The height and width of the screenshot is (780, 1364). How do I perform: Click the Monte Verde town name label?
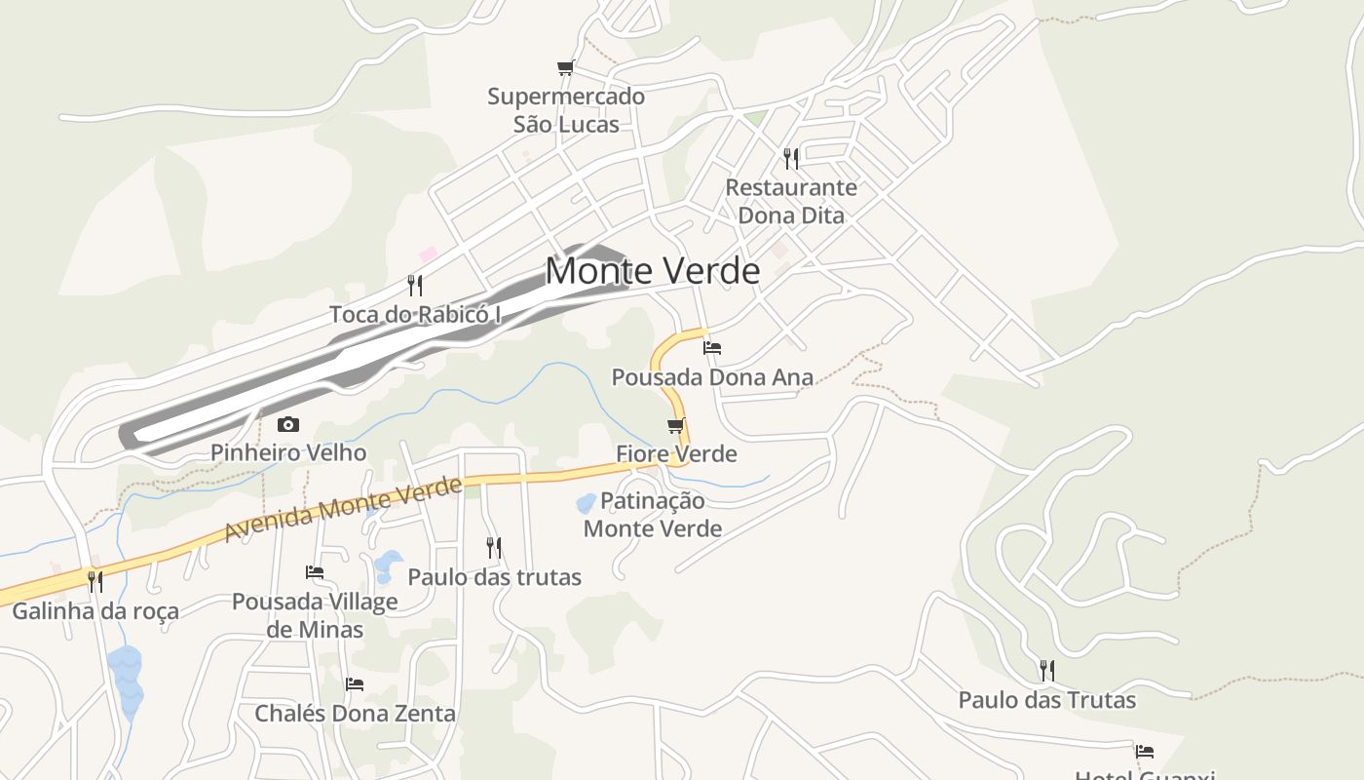[652, 270]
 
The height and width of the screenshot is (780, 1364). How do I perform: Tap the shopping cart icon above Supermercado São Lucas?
[565, 67]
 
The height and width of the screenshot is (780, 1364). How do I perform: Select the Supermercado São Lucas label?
[566, 110]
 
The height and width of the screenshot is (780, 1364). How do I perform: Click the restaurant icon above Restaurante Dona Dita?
[791, 158]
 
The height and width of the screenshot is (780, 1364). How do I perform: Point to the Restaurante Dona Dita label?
[791, 201]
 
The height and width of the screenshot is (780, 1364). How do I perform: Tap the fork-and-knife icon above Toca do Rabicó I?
[415, 285]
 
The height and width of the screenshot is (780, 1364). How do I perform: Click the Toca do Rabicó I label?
[415, 314]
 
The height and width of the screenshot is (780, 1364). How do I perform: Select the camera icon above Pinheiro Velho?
[288, 424]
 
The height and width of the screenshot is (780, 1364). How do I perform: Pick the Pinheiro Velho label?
[288, 452]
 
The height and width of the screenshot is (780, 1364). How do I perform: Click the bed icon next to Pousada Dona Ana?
[712, 348]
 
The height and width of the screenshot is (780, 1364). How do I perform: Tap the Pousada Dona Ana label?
[712, 376]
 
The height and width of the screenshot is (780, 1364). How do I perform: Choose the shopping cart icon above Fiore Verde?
[676, 426]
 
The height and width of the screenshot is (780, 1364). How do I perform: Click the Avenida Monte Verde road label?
[343, 509]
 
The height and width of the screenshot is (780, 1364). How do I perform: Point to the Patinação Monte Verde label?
[653, 515]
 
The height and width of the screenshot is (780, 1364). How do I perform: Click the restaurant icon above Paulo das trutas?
[494, 548]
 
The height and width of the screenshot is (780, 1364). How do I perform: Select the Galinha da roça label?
[95, 611]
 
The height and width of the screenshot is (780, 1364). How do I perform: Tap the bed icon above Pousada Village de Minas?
[315, 572]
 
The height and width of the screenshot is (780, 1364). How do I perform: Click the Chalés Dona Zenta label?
[355, 713]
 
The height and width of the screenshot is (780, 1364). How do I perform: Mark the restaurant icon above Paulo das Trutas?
[1046, 671]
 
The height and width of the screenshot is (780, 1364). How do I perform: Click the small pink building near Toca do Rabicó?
[428, 254]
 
